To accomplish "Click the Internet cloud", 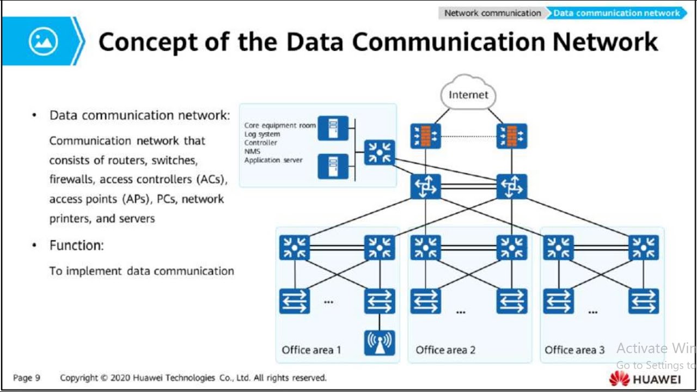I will [468, 94].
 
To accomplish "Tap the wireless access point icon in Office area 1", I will [380, 342].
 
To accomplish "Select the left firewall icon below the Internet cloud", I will [426, 136].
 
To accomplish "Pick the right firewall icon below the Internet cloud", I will [512, 136].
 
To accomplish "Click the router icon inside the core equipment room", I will [380, 152].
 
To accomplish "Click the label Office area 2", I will [445, 350].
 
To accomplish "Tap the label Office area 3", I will [574, 350].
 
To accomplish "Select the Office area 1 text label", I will [311, 350].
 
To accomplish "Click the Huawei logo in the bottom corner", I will [645, 378].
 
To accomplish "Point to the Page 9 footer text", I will [27, 378].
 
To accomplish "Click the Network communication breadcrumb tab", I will [492, 13].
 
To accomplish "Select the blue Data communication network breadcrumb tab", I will [616, 13].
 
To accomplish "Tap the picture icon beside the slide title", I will [43, 41].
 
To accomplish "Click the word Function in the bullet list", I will [76, 246].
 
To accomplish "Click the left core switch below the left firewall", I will [426, 187].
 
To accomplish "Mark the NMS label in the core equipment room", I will [252, 151].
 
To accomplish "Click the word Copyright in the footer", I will [80, 378].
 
